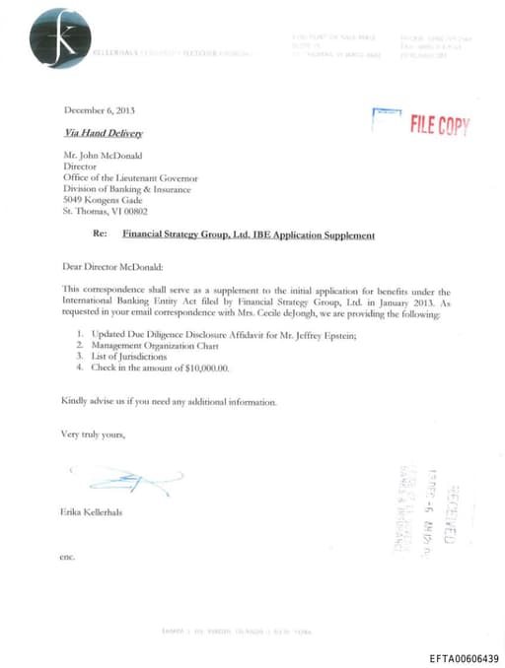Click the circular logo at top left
click(x=60, y=37)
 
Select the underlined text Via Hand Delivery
click(x=104, y=133)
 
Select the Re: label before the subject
click(x=99, y=235)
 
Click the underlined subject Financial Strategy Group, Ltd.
click(x=248, y=235)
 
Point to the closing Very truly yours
click(x=93, y=434)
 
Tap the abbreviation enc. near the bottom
click(x=67, y=559)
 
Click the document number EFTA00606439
click(x=464, y=658)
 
